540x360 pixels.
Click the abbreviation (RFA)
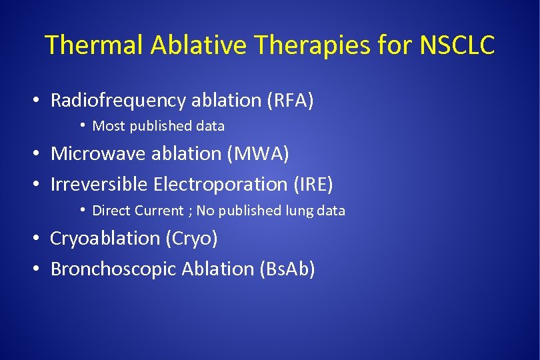pos(290,100)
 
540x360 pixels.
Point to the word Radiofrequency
pos(119,100)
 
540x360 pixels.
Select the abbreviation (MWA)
pos(258,153)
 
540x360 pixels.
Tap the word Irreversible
pos(99,184)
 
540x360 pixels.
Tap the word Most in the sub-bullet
pos(108,126)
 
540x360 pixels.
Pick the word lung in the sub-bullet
pos(300,211)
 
